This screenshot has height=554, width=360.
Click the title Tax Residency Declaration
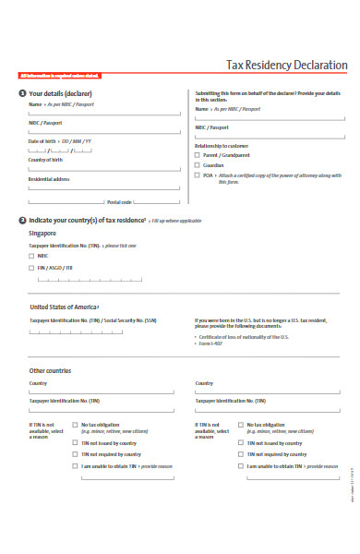point(287,66)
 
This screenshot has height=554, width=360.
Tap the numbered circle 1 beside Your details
point(22,94)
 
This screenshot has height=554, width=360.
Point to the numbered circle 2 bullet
point(22,221)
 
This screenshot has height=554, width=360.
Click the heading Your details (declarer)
point(61,94)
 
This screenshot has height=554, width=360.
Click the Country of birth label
point(45,159)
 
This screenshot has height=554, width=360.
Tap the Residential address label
point(50,179)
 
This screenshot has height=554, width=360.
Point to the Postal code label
point(120,201)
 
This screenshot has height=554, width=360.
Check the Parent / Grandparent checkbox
point(198,155)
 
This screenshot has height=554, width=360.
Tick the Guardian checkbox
point(198,164)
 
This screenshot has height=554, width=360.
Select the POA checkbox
point(198,175)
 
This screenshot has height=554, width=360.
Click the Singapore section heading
point(44,235)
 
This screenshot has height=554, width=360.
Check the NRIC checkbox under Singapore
point(32,256)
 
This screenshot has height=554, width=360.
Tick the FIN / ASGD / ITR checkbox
point(32,268)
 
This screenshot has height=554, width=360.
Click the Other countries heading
point(51,370)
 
